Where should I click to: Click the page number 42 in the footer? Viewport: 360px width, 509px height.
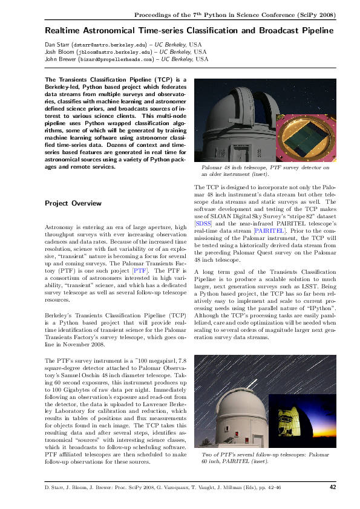pos(332,487)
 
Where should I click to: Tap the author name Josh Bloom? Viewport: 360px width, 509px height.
pos(59,52)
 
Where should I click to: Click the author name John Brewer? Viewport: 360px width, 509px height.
pos(61,59)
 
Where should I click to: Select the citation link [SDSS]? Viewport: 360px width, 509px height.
pos(203,240)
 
